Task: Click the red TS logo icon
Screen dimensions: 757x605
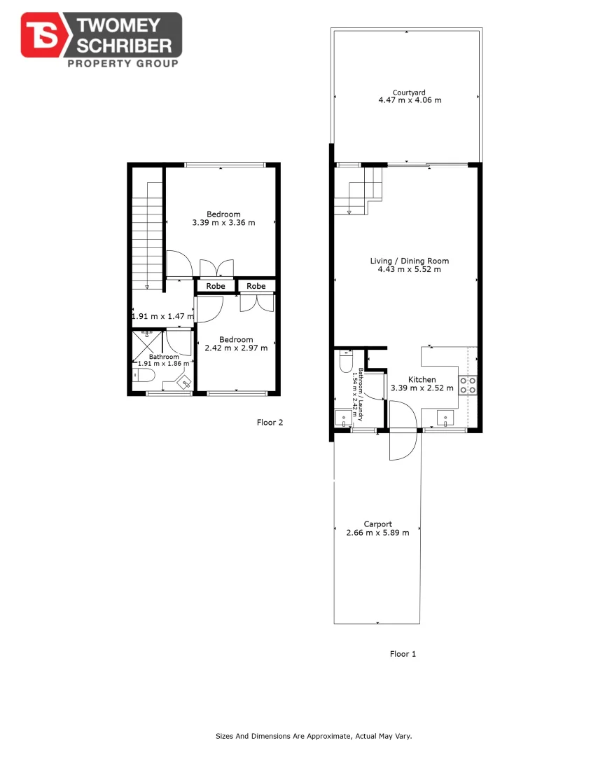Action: tap(42, 36)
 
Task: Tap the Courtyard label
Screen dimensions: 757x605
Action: tap(409, 92)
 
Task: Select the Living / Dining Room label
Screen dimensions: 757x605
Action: tap(409, 261)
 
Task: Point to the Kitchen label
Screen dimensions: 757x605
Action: tap(422, 379)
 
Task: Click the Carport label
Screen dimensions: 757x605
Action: tap(377, 524)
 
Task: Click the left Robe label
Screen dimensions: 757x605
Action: tap(216, 286)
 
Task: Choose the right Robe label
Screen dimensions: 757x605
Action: tap(256, 286)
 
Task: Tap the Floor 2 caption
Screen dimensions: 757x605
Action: tap(270, 423)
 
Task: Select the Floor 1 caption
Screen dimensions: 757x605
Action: tap(403, 654)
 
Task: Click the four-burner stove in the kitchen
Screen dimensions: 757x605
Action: tap(468, 385)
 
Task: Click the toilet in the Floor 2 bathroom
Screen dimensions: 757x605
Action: tap(145, 376)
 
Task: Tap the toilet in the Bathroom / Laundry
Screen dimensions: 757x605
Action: tap(345, 362)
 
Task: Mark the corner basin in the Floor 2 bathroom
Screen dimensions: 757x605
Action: tap(185, 383)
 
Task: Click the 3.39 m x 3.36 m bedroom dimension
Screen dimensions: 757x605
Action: tap(223, 223)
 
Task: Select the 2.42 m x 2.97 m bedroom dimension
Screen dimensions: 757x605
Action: tap(236, 348)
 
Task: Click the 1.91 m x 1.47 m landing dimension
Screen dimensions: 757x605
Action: tap(162, 316)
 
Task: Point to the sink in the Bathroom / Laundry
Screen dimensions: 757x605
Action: tap(345, 418)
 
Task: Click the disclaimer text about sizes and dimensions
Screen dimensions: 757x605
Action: tap(313, 736)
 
